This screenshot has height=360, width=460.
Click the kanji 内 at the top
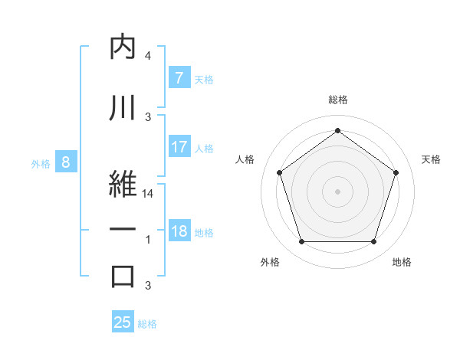pos(123,47)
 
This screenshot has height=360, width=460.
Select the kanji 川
pos(123,108)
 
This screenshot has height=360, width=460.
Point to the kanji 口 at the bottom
pos(123,277)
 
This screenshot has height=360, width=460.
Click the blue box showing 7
pos(179,77)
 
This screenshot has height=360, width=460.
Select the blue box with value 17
pos(179,147)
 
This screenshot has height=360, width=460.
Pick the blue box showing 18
pos(179,231)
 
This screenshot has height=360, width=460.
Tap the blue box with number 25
pos(123,322)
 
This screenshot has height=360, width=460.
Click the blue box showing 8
pos(66,162)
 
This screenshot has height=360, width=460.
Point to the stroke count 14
pos(148,195)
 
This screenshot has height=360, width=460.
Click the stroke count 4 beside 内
pos(148,56)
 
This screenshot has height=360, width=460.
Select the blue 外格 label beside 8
pos(41,163)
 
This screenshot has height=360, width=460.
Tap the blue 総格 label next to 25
pos(147,324)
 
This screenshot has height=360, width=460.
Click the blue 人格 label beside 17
pos(204,148)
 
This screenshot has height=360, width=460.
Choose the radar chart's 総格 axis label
pos(337,100)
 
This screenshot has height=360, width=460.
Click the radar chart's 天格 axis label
pos(431,159)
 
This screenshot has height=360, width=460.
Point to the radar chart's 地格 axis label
pos(402,263)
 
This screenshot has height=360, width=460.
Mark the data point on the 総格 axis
pos(337,130)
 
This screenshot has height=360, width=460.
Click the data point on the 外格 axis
pos(301,242)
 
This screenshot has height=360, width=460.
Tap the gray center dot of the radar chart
pos(337,191)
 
